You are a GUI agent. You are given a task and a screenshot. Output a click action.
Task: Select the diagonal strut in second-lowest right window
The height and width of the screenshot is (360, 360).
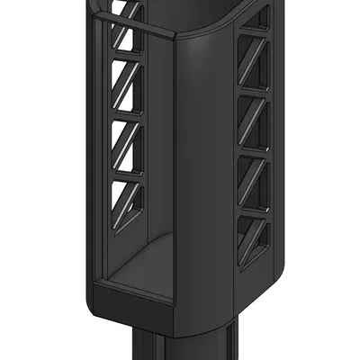tap(253, 181)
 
